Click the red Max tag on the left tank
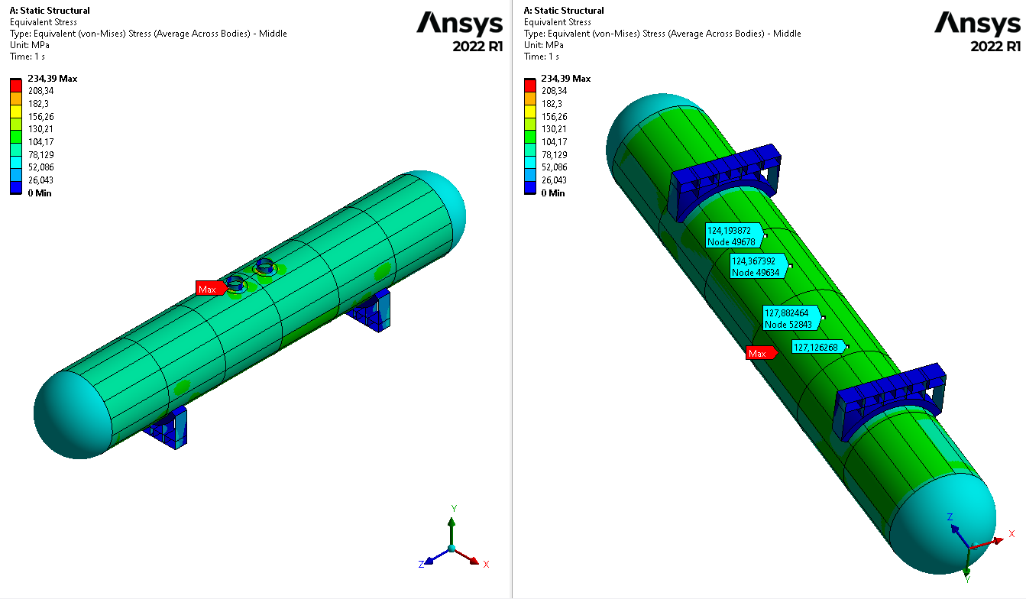click(211, 289)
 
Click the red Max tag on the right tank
click(761, 353)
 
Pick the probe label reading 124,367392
click(759, 267)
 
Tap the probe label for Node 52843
click(792, 319)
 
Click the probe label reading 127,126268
click(818, 347)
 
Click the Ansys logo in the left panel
click(459, 24)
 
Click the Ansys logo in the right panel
click(977, 24)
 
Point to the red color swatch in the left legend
click(16, 85)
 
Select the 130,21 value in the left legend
click(41, 129)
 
